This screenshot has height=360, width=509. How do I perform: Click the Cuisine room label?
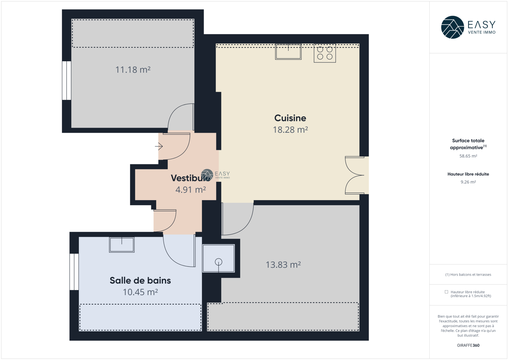(x=290, y=118)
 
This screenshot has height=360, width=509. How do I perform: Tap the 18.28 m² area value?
(x=290, y=130)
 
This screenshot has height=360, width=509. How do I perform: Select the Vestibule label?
(x=191, y=178)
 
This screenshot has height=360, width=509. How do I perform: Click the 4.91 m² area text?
(x=191, y=190)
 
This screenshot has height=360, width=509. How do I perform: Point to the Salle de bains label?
(x=140, y=280)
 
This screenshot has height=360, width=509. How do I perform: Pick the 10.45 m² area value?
(x=140, y=292)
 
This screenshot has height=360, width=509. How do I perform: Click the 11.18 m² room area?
(x=133, y=70)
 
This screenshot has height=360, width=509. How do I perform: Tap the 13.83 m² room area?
(x=283, y=265)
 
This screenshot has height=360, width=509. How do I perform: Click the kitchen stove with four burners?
(x=325, y=53)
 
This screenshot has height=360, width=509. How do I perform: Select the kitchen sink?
(x=288, y=52)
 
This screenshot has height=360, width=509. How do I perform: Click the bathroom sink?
(x=122, y=245)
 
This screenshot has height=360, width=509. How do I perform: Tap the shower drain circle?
(x=219, y=262)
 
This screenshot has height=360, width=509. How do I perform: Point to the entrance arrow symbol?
(x=159, y=146)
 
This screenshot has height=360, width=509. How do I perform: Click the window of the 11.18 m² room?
(x=66, y=81)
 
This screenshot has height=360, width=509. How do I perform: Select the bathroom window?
(x=74, y=272)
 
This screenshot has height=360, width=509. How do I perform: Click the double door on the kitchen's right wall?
(x=355, y=175)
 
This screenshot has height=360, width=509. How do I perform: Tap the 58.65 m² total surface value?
(x=468, y=156)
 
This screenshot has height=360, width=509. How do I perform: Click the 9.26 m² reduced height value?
(x=468, y=182)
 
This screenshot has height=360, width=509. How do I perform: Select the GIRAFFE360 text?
(x=468, y=345)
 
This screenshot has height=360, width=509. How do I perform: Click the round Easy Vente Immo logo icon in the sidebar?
(x=452, y=27)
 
